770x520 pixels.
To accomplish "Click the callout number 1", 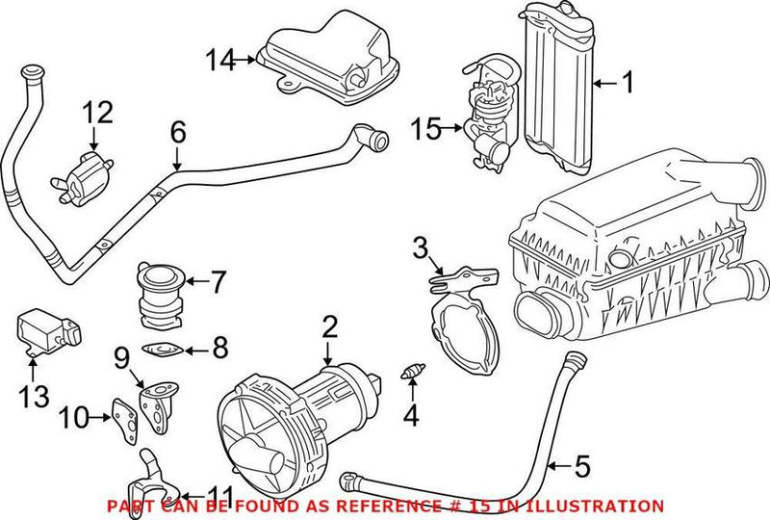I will [627, 85].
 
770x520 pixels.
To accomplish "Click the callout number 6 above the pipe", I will [176, 131].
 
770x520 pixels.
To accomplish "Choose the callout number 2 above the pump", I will [330, 326].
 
